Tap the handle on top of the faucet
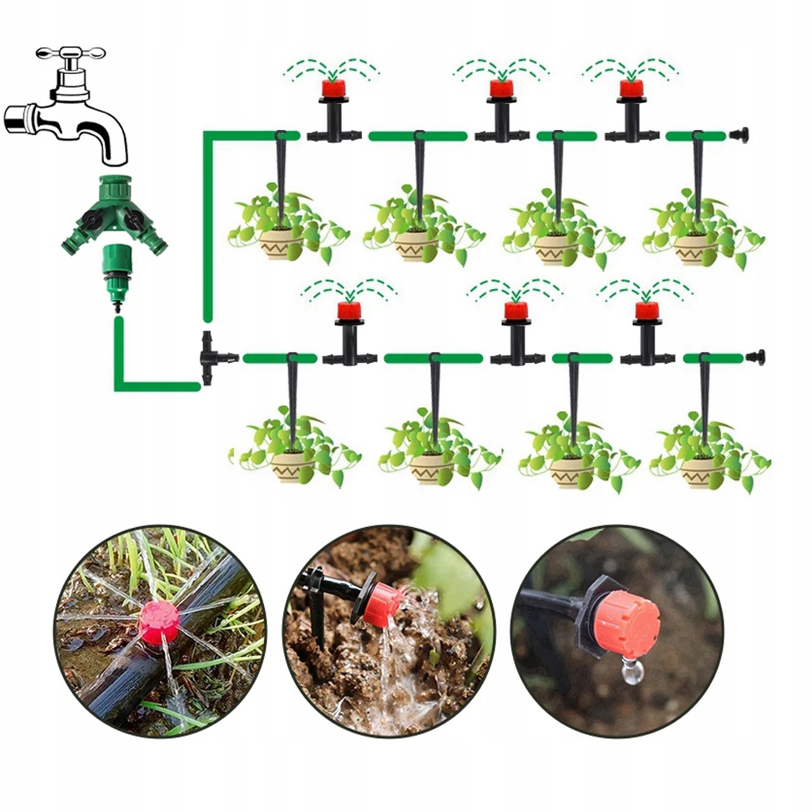tap(71, 54)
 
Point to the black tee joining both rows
tap(212, 357)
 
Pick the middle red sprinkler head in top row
tap(500, 89)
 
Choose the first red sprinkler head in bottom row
tap(348, 310)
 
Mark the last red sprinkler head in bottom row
tap(646, 310)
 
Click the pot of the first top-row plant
tap(279, 244)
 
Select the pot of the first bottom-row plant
tap(292, 468)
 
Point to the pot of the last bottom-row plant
tap(702, 471)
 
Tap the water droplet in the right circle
tap(630, 670)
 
